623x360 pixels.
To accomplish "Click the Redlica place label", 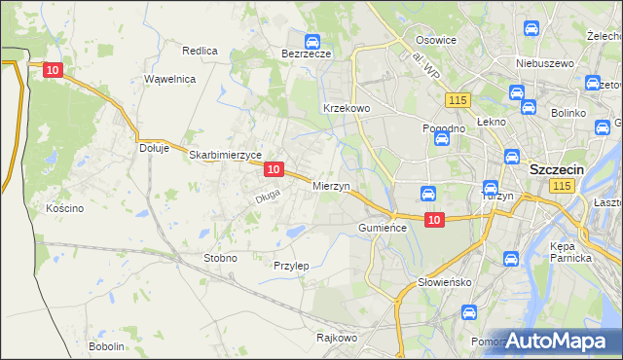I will click(200, 50).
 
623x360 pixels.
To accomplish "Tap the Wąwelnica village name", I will click(170, 79).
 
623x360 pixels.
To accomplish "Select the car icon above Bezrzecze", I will click(311, 42).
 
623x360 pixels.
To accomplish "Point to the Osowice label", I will click(436, 40).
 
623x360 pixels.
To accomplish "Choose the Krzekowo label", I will click(346, 108).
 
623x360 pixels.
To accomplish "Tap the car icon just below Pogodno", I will click(441, 139).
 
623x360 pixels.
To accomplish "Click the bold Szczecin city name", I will click(556, 168).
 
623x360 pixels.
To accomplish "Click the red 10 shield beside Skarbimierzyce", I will click(274, 169).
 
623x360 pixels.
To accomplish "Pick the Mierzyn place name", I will click(331, 185).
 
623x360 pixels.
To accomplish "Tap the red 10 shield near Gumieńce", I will click(434, 220).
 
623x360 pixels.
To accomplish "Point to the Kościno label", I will click(65, 208).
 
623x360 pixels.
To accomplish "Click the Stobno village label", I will click(219, 258).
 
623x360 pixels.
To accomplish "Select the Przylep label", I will click(291, 265).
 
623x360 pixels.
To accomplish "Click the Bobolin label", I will click(106, 346).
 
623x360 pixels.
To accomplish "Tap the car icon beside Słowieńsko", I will click(510, 259).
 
